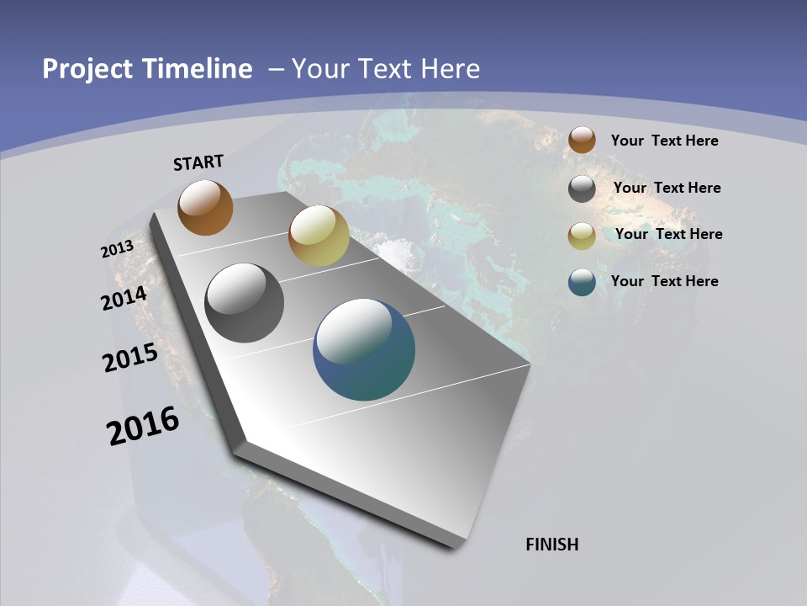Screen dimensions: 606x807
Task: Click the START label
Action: tap(198, 162)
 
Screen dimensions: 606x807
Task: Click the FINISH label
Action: tap(552, 545)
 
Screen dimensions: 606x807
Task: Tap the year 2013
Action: tap(118, 249)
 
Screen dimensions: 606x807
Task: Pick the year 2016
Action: tap(143, 426)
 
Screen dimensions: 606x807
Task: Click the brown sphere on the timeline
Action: tap(205, 207)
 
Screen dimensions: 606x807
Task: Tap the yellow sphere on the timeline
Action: tap(319, 236)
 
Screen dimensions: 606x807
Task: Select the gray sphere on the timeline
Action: tap(244, 303)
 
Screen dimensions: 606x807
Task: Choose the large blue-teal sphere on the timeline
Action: tap(364, 349)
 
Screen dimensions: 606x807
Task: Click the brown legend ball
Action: tap(582, 141)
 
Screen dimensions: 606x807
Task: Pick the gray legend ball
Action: tap(582, 189)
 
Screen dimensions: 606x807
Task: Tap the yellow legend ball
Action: tap(582, 236)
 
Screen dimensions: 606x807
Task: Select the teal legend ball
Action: tap(582, 282)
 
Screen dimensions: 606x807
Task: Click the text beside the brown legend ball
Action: tap(664, 141)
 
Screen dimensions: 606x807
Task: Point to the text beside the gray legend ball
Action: tap(667, 188)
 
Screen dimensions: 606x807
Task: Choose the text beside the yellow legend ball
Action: tap(668, 234)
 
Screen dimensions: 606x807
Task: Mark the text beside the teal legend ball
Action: tap(664, 281)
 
